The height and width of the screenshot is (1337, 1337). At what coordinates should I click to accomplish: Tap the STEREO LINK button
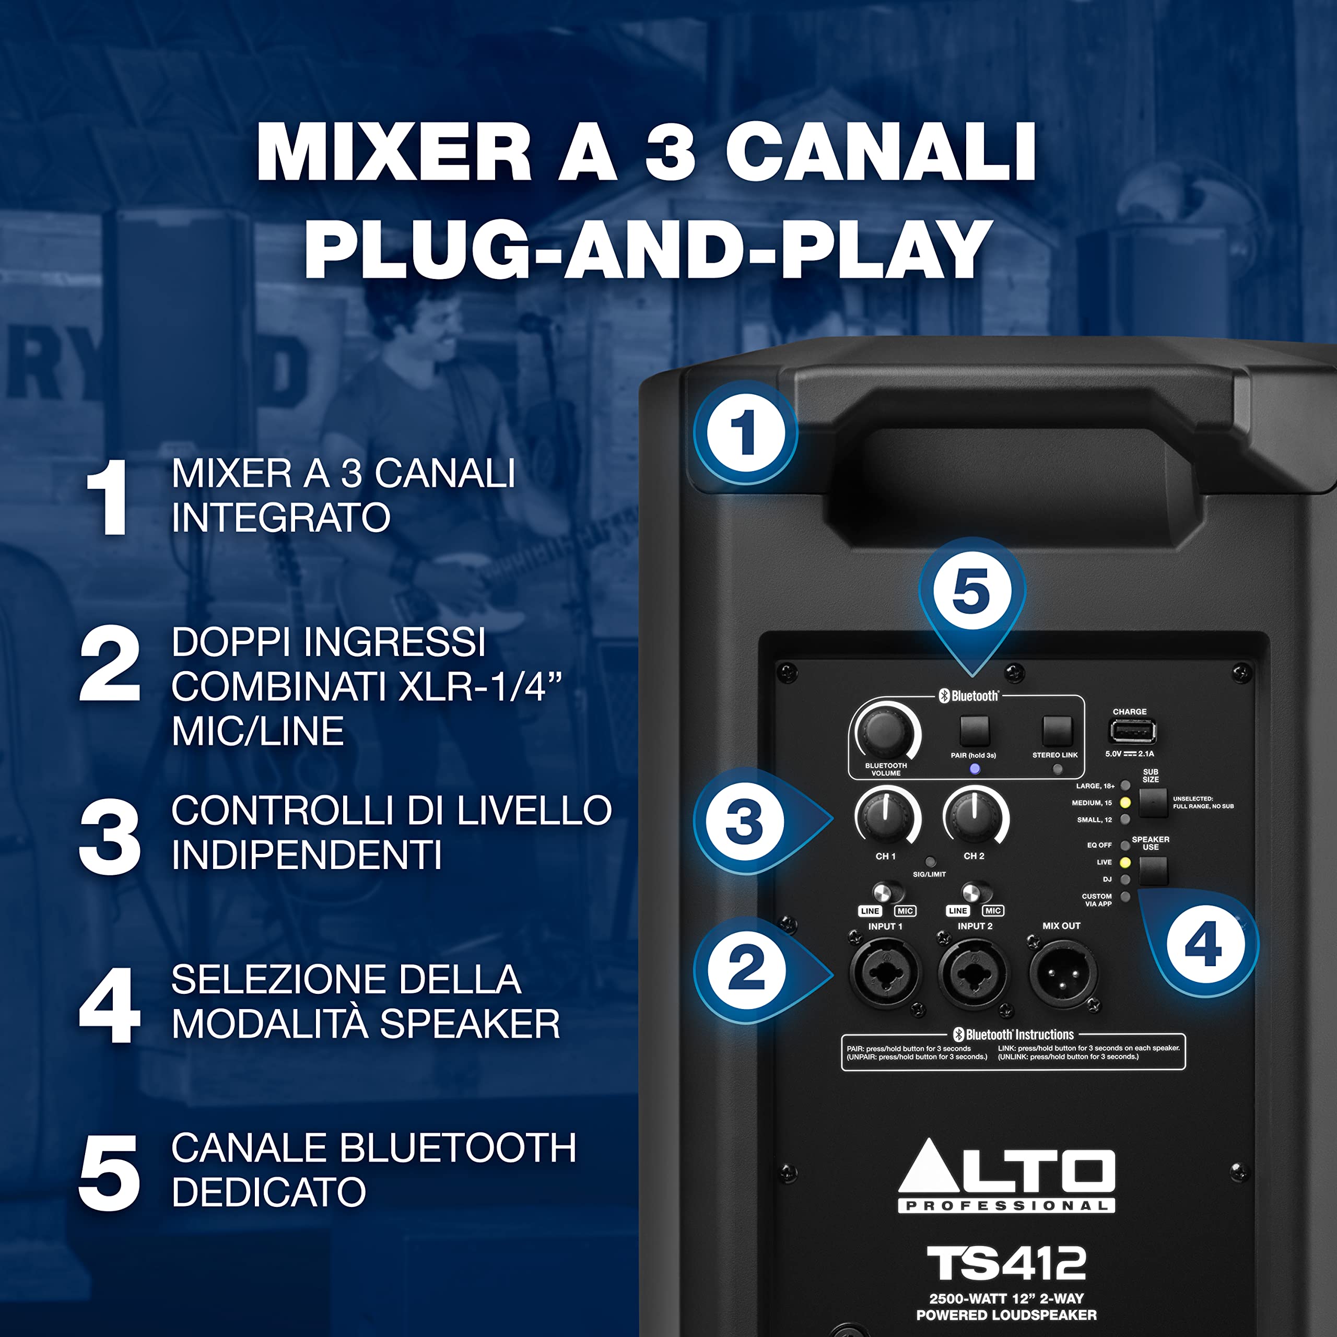[x=1057, y=731]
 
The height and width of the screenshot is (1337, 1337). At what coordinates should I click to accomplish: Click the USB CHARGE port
[x=1132, y=731]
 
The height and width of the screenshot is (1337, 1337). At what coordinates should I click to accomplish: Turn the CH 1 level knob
[x=886, y=817]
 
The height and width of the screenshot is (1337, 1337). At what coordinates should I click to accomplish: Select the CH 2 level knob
[x=975, y=817]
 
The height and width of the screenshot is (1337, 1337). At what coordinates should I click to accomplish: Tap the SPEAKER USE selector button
[x=1153, y=871]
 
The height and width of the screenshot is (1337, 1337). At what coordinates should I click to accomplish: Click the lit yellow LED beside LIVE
[x=1125, y=862]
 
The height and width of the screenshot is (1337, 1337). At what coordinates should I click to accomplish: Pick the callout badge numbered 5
[x=971, y=592]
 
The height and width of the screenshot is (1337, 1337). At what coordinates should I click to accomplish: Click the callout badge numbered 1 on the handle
[x=745, y=433]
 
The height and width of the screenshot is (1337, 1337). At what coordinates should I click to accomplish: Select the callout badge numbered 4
[x=1203, y=945]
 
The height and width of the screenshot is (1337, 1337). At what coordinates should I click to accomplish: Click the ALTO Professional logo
[x=1006, y=1177]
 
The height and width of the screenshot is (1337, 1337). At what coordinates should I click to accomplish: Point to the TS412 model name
[x=1006, y=1264]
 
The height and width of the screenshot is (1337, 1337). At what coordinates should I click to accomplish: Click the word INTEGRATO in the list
[x=281, y=518]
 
